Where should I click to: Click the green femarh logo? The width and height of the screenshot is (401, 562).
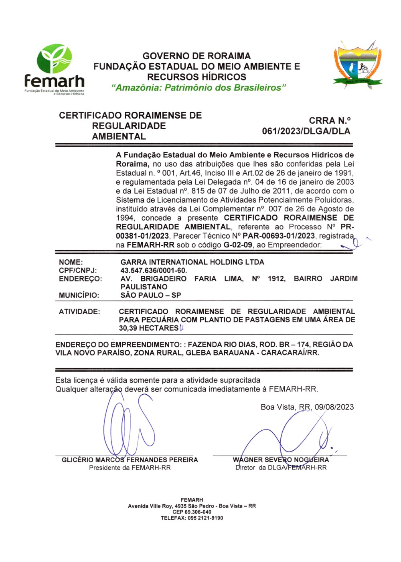(55, 69)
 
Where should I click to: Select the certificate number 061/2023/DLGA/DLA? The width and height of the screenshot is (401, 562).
(306, 131)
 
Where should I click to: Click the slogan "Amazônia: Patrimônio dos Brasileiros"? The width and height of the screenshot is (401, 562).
(198, 88)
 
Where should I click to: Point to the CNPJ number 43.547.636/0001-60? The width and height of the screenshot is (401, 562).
(154, 271)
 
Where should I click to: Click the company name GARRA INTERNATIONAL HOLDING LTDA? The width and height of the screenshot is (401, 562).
(192, 262)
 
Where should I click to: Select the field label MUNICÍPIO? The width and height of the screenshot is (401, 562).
(79, 295)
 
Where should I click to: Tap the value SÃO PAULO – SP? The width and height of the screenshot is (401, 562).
(151, 295)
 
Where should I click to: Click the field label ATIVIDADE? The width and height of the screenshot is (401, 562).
(79, 311)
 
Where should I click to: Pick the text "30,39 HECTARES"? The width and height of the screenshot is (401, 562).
(148, 328)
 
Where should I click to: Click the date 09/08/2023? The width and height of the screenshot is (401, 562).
(334, 407)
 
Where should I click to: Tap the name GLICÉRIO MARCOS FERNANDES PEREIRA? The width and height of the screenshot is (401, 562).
(130, 460)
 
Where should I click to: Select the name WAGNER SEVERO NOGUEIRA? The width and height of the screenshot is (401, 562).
(281, 460)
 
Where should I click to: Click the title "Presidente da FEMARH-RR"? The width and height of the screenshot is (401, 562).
(130, 468)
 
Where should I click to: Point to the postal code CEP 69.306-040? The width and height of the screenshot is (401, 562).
(192, 512)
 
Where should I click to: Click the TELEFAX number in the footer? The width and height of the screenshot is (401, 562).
(192, 518)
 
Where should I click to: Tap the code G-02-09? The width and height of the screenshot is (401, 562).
(238, 245)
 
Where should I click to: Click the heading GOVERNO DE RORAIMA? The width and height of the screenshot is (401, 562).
(196, 56)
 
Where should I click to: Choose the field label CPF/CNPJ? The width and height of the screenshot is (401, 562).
(78, 271)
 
